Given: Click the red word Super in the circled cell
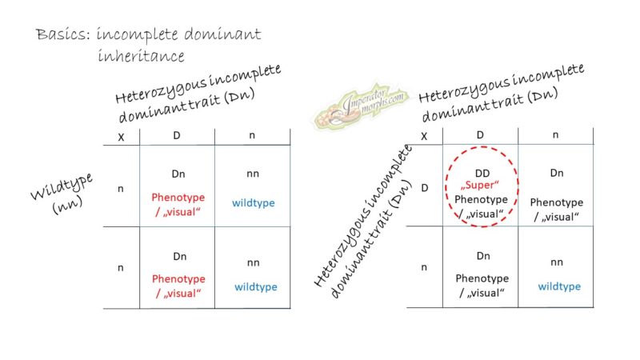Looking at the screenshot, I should (479, 185).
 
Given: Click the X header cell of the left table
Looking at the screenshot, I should (121, 137).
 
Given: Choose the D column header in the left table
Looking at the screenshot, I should (176, 136).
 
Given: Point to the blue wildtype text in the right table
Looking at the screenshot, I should (559, 286).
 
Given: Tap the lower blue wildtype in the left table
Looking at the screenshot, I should (255, 286).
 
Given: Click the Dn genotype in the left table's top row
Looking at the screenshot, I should (177, 173).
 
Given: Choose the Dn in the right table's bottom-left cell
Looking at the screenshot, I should (481, 256).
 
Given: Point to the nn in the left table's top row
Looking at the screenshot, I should (252, 173).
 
